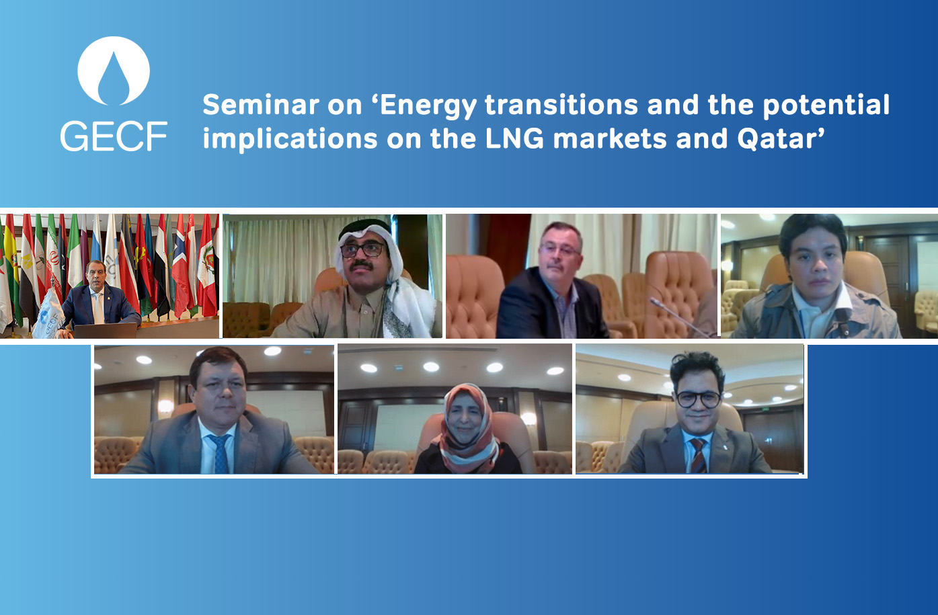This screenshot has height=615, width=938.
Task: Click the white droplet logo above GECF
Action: (113, 71)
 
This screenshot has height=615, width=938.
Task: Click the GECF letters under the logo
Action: (113, 136)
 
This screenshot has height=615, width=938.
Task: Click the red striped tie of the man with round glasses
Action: (699, 454)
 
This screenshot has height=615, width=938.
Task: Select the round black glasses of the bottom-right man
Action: (699, 399)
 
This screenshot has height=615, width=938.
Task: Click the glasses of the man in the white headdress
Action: (363, 250)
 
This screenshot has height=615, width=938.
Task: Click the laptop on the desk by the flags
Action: (104, 330)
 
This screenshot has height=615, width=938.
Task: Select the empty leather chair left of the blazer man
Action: (473, 296)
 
